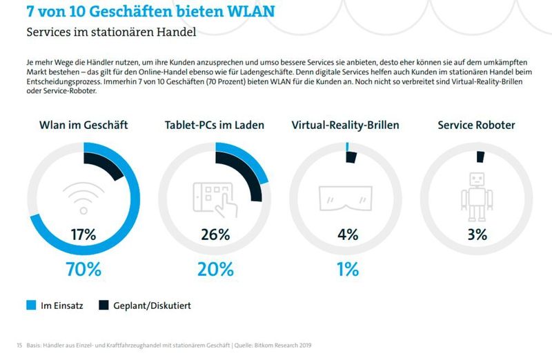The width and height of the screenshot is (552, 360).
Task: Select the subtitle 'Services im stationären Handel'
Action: [x=111, y=32]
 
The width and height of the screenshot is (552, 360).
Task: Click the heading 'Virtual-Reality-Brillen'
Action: [x=345, y=125]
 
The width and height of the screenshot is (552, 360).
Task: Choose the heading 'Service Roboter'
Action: [x=476, y=125]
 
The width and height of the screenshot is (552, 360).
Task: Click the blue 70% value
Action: [x=83, y=269]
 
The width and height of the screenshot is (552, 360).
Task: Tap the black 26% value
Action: [x=215, y=234]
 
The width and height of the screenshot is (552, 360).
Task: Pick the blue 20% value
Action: [x=215, y=269]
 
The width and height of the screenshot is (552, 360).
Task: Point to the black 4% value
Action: [x=348, y=234]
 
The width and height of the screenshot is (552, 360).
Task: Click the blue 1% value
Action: [x=347, y=269]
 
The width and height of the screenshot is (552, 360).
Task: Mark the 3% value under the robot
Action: [x=477, y=234]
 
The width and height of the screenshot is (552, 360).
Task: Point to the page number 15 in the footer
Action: [x=19, y=345]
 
